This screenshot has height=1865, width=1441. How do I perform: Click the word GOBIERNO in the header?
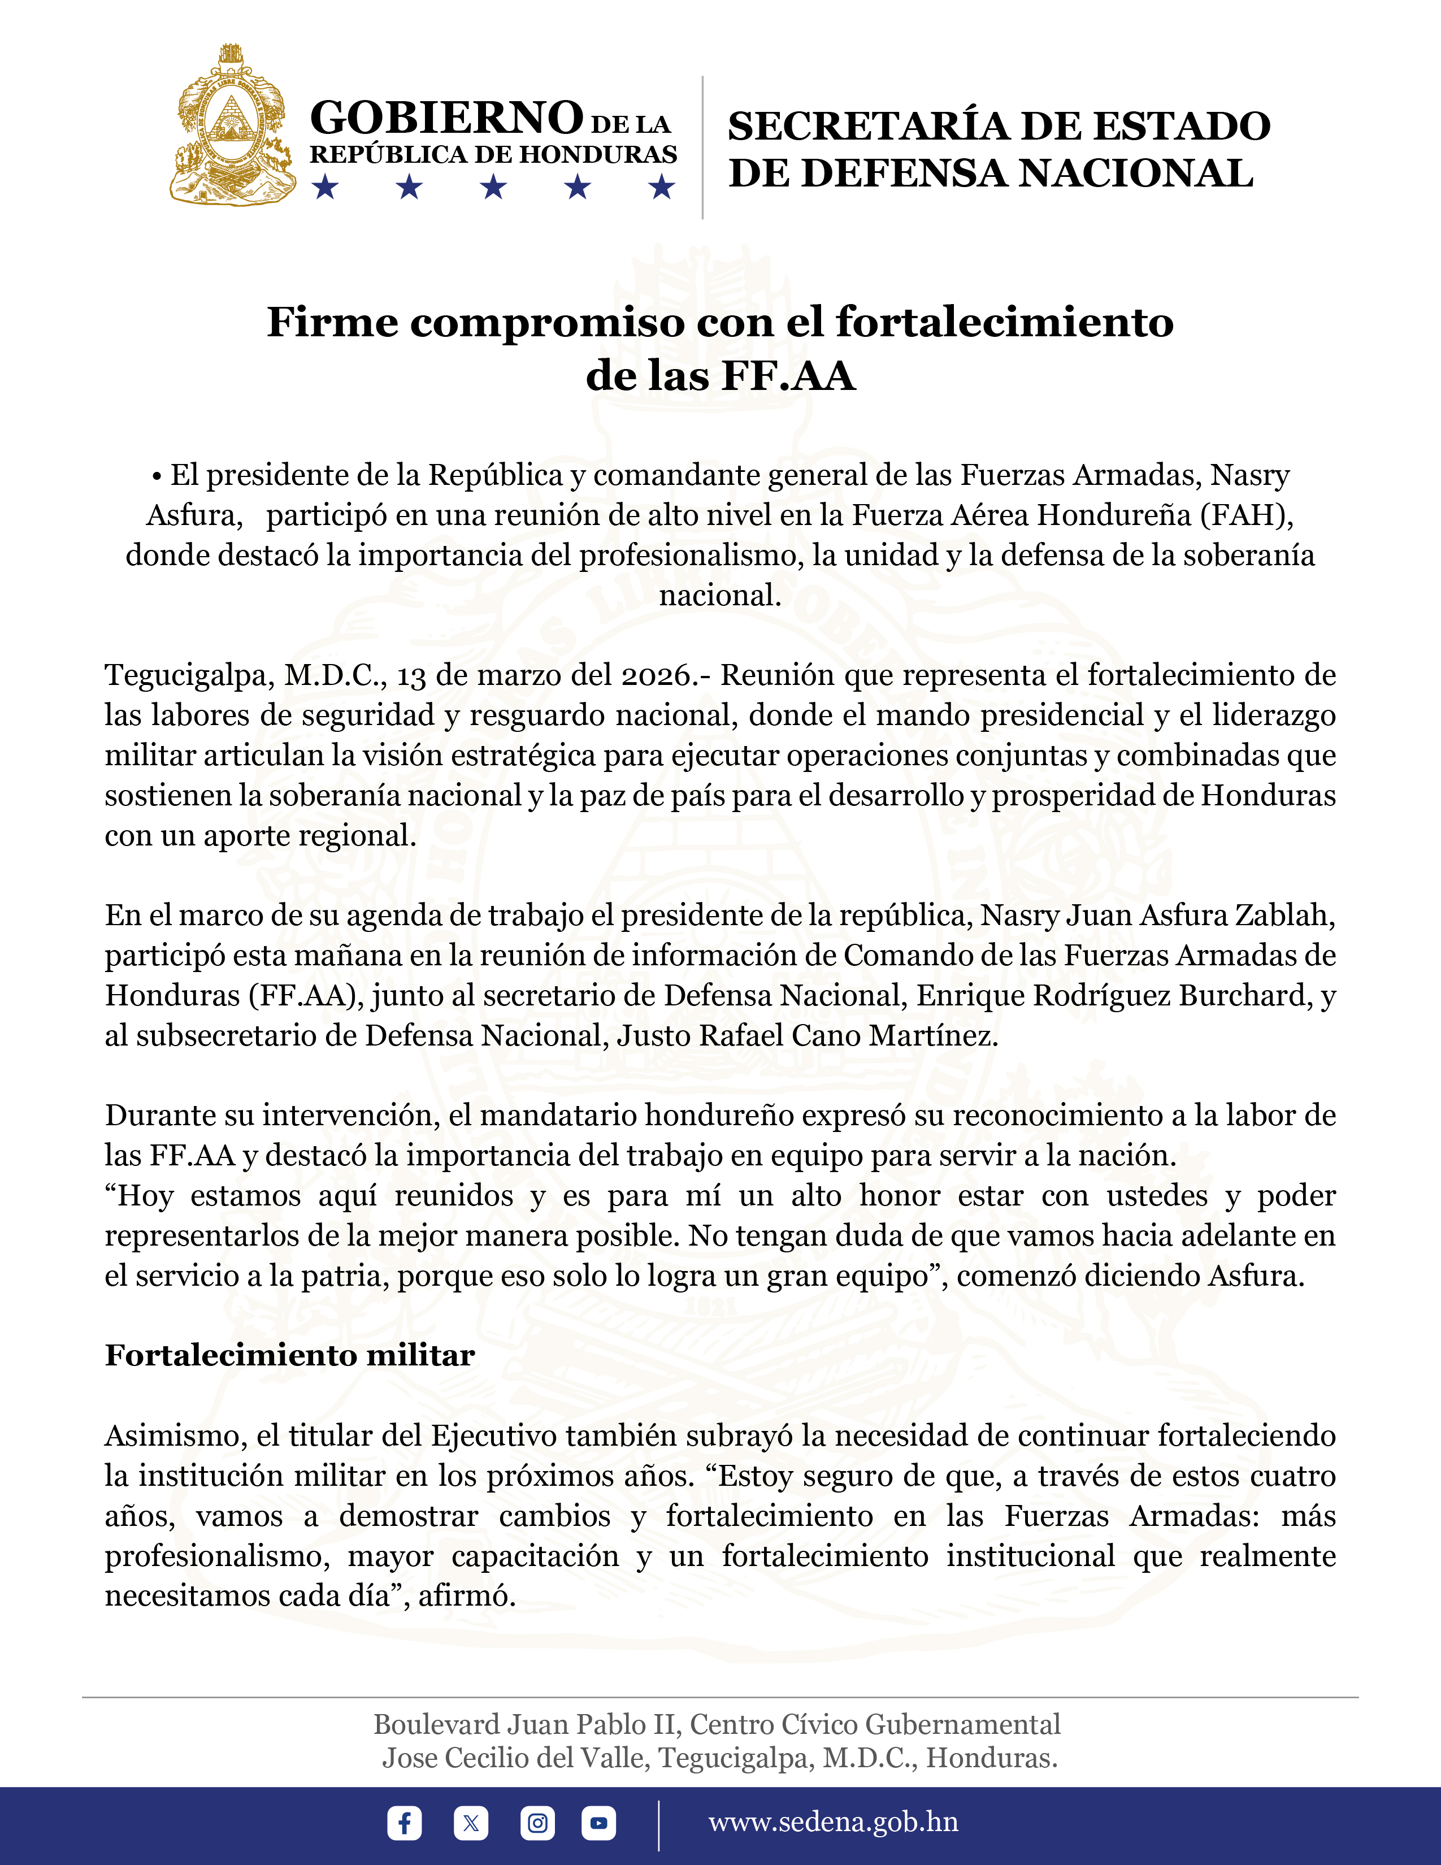[x=446, y=118]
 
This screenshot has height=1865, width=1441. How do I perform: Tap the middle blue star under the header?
[x=493, y=186]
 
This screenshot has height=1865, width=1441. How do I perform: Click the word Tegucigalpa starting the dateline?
[x=189, y=675]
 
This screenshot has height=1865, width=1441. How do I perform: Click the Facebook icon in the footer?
[x=404, y=1823]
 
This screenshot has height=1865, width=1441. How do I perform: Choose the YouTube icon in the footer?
[x=598, y=1823]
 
